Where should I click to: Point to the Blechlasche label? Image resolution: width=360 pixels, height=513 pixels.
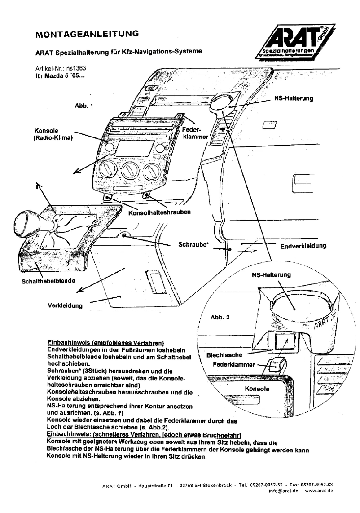point(224,355)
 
